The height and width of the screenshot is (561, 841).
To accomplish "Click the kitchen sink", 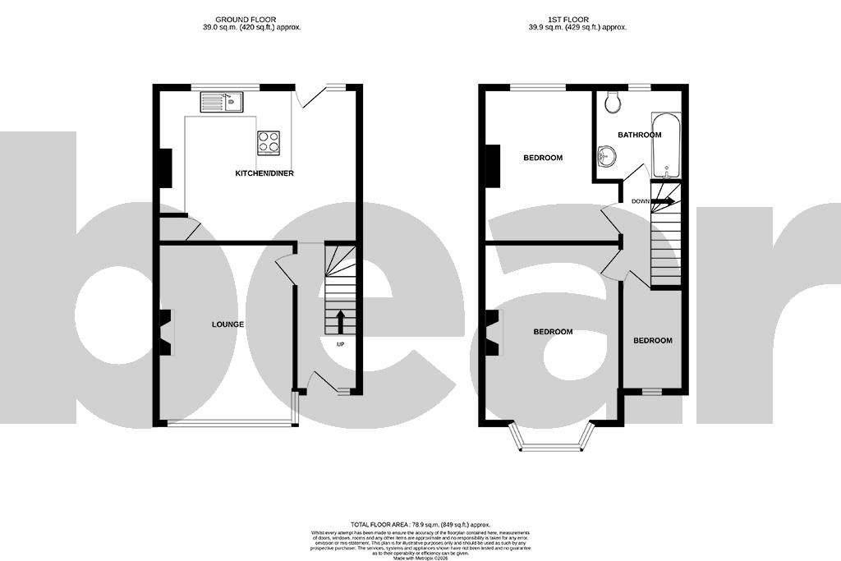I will tap(220, 103).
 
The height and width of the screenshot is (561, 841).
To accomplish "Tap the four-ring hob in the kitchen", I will tap(269, 143).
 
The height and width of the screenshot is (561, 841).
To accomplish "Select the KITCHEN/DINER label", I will tap(264, 173).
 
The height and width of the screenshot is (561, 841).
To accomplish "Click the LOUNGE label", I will tap(227, 324).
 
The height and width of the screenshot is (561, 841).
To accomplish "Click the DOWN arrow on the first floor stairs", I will tap(664, 200).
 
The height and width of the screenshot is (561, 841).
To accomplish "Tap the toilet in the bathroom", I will tap(611, 102).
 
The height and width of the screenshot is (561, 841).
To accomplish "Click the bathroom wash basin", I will tap(608, 156).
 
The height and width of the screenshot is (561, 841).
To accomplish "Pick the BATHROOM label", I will tap(640, 135).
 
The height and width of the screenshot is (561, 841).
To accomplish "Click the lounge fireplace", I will tap(167, 332).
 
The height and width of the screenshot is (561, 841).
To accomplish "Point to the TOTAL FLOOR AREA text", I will tap(420, 524).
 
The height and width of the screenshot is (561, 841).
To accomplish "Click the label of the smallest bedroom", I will tap(652, 340).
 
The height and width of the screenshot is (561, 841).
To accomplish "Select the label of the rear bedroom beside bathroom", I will tap(543, 158).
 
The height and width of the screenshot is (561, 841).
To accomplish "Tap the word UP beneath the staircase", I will tap(340, 344).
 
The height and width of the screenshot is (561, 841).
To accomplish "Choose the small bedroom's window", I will tap(652, 392).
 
